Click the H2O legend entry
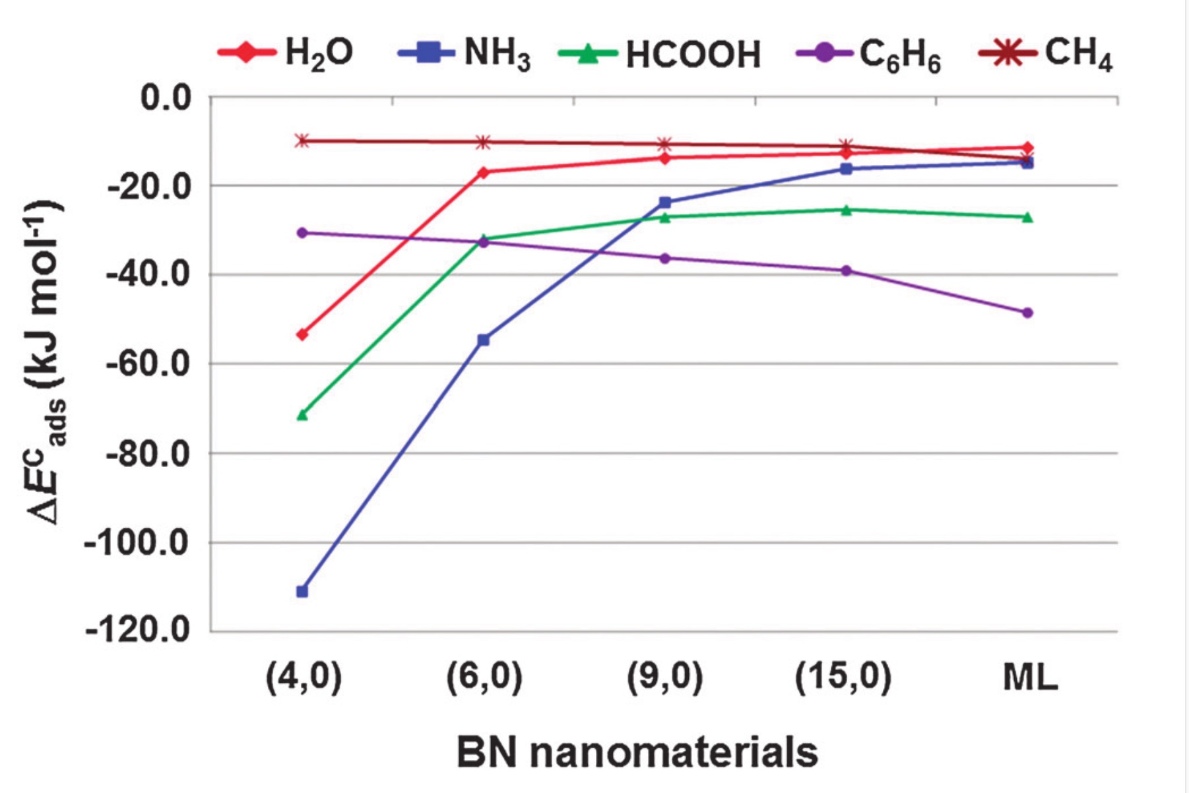(x=286, y=53)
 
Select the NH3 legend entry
(x=465, y=53)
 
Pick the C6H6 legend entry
(x=869, y=54)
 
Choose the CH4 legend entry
(x=1046, y=53)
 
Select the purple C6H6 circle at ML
(x=1027, y=313)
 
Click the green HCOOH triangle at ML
(x=1027, y=216)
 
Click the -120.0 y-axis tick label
(x=138, y=631)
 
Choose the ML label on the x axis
(x=1030, y=678)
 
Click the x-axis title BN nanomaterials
(x=637, y=753)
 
